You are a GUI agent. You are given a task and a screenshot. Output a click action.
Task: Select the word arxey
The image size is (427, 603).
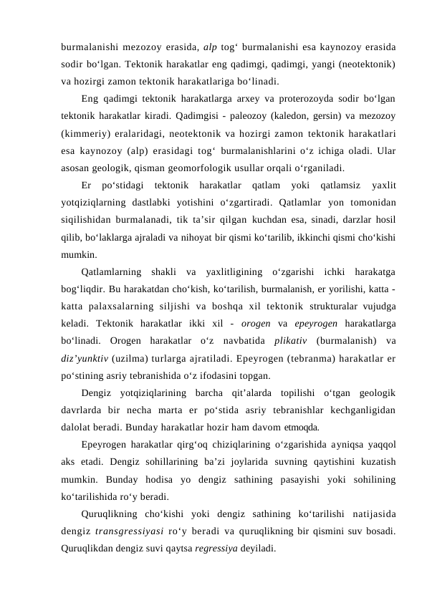coord(245,97)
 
